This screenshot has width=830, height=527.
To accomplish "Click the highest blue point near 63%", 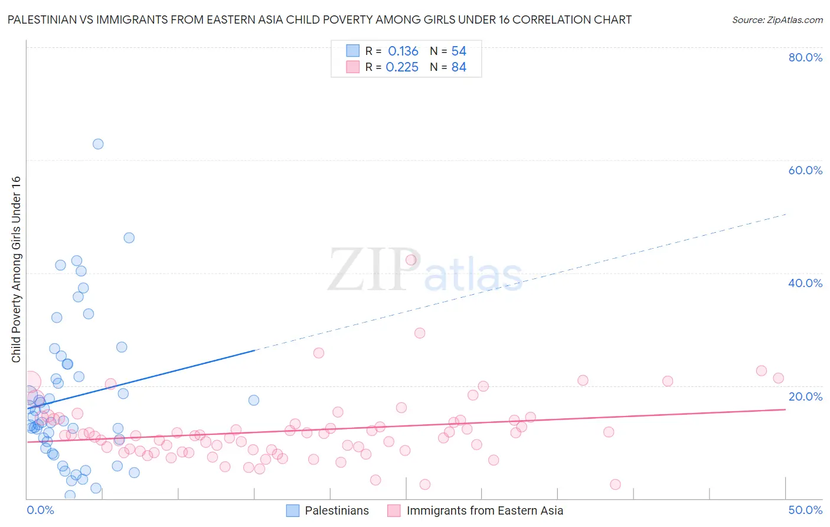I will click(x=98, y=144).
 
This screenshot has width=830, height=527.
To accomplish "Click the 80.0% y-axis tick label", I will click(x=805, y=57).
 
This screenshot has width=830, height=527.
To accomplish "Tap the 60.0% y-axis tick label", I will click(x=805, y=170).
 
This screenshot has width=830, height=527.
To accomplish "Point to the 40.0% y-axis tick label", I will click(x=805, y=283).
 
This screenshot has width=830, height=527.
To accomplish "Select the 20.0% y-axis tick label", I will click(x=805, y=396).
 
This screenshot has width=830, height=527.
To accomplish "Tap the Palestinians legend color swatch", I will click(x=293, y=510).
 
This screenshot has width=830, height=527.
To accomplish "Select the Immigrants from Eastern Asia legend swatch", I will click(x=394, y=510).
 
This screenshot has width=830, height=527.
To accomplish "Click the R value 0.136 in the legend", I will click(x=403, y=51).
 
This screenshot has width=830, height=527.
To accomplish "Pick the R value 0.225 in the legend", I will click(x=402, y=67).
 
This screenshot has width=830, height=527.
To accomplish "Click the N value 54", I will click(x=459, y=51).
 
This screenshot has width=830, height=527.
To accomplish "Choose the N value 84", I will click(x=459, y=67).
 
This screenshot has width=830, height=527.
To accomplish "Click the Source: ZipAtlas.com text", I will click(x=777, y=20).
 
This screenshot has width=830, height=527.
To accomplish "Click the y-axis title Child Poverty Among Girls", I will click(x=16, y=269).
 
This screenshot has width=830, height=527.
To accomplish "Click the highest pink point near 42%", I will click(x=411, y=260).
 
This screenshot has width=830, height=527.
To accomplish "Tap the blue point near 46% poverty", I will click(x=129, y=238).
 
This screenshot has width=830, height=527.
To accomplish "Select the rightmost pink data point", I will click(x=779, y=378).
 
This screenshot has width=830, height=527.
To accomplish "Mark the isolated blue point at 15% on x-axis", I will click(x=254, y=400).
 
